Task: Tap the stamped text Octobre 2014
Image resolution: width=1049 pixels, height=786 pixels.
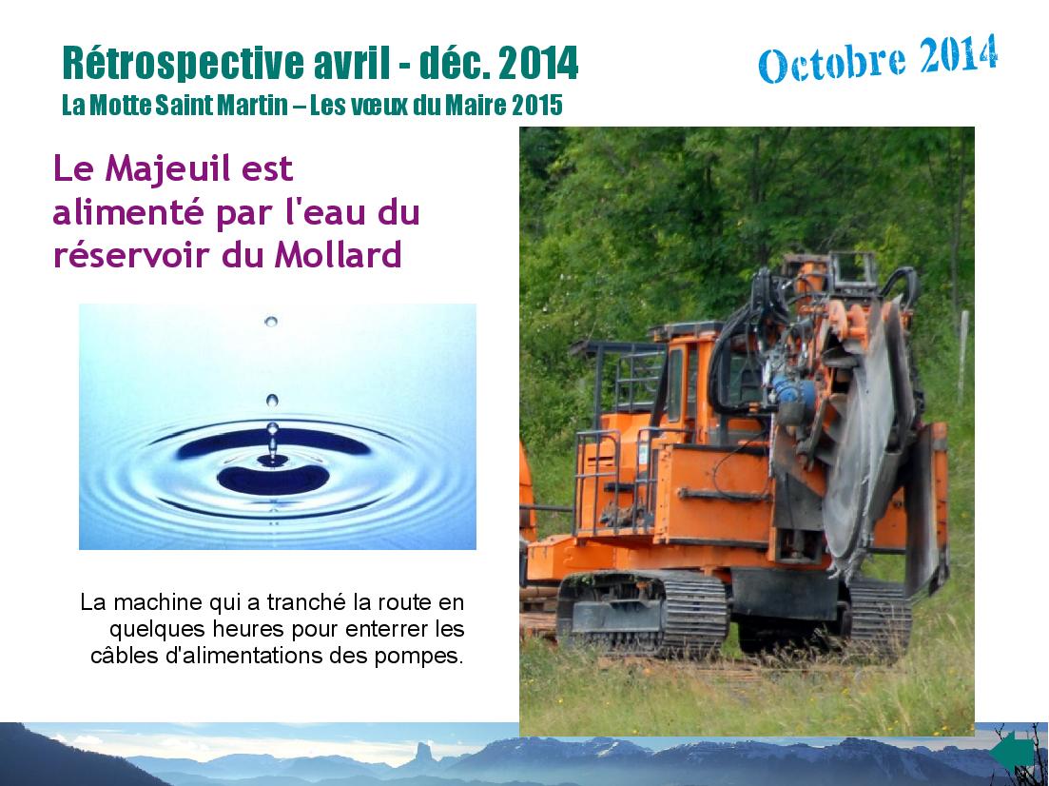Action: click(878, 59)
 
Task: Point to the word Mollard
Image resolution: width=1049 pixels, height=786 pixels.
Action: click(338, 254)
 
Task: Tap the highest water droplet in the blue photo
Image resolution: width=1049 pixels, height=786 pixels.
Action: click(271, 322)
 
